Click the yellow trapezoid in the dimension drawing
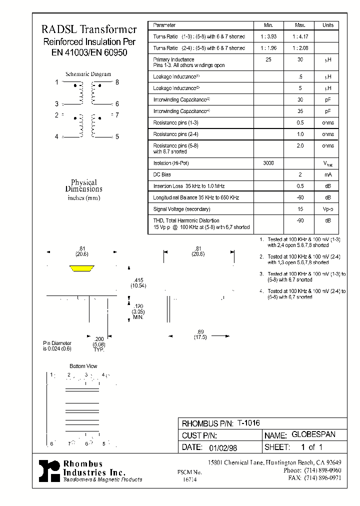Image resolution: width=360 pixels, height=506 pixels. click(x=81, y=269)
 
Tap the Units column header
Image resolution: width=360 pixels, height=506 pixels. click(x=327, y=25)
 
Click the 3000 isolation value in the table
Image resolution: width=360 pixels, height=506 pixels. click(x=268, y=163)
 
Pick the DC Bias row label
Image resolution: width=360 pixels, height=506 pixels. click(x=162, y=174)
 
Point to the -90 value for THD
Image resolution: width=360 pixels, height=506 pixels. click(x=300, y=220)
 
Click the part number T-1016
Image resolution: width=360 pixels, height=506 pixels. click(x=248, y=422)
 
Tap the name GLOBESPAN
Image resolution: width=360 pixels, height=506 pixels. click(x=313, y=434)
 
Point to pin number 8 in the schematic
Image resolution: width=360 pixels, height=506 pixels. click(x=117, y=82)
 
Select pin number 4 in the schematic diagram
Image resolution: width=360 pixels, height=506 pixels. click(x=57, y=136)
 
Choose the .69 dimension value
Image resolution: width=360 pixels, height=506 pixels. click(x=200, y=331)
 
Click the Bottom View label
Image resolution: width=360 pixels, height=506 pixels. click(x=83, y=366)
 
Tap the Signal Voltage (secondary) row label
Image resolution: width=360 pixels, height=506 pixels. click(x=181, y=209)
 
